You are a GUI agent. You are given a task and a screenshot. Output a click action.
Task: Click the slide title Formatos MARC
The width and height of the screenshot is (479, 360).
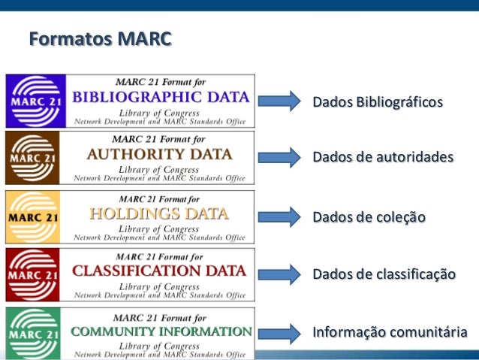[100, 39]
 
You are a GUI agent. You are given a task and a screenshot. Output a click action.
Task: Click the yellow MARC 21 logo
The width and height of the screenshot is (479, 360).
[33, 216]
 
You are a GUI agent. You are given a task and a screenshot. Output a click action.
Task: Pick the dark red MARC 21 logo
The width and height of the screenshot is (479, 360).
[33, 274]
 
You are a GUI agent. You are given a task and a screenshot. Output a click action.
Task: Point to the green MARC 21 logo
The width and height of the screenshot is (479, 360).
[33, 332]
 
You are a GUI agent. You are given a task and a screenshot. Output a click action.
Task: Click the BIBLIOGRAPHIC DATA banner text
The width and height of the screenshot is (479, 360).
[161, 97]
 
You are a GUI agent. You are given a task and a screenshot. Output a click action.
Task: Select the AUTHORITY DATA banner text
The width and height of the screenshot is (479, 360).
[159, 155]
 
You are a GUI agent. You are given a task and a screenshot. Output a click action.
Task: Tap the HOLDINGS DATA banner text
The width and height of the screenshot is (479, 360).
[158, 213]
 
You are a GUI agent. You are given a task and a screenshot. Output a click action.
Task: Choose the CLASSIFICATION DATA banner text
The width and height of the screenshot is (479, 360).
[159, 271]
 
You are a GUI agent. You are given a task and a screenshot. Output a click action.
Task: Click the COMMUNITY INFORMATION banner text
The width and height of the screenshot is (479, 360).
[161, 331]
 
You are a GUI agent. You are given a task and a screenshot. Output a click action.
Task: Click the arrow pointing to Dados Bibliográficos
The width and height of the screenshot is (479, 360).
[279, 100]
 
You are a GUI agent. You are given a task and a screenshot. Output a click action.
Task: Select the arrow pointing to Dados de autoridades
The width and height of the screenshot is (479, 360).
[279, 157]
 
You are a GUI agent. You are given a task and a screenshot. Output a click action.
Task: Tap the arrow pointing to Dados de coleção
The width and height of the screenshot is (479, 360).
[279, 216]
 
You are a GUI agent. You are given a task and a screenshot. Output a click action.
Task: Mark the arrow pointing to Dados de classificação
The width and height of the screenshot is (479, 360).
[279, 274]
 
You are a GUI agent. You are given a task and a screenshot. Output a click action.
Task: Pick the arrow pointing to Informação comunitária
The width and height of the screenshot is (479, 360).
[279, 332]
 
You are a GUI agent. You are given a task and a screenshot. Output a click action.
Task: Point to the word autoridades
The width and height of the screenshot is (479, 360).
[417, 158]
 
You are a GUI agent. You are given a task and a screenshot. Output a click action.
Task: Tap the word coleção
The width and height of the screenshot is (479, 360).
[399, 217]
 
